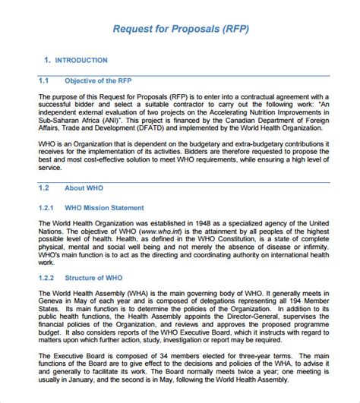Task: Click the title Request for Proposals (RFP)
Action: [180, 30]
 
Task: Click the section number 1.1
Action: [43, 80]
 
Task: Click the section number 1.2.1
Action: [46, 206]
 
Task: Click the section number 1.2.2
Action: [46, 278]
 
